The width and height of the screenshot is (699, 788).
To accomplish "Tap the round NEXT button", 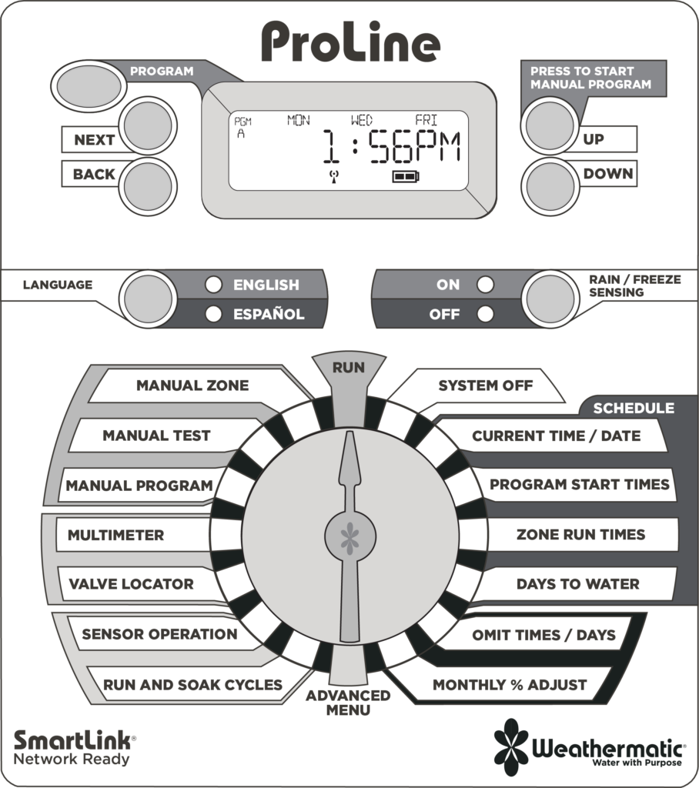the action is click(x=148, y=125).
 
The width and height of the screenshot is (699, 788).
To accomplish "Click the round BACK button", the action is click(x=148, y=186).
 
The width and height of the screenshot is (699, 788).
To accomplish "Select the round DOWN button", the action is click(x=550, y=186).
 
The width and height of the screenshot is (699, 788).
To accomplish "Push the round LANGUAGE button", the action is click(x=148, y=299).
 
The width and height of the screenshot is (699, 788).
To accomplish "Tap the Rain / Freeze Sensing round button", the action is click(x=550, y=299).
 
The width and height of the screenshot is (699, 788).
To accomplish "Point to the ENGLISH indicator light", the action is click(x=213, y=285).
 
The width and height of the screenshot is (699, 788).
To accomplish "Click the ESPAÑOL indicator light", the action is click(x=213, y=314).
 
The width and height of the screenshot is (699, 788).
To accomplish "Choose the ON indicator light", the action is click(x=485, y=285).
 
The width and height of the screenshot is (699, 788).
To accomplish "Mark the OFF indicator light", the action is click(x=485, y=314).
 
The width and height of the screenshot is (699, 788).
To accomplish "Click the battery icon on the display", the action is click(x=406, y=176).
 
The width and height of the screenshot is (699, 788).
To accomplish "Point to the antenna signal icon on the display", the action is click(x=333, y=176).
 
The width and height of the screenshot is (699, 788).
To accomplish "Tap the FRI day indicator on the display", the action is click(x=426, y=120).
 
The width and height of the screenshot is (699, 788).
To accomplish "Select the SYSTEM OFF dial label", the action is click(x=485, y=386).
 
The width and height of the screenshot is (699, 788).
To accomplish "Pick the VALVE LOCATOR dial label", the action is click(x=131, y=584).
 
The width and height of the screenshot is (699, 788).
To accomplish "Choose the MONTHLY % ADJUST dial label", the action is click(x=510, y=685).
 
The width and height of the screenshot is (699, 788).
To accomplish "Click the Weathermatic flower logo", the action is click(x=511, y=747).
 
